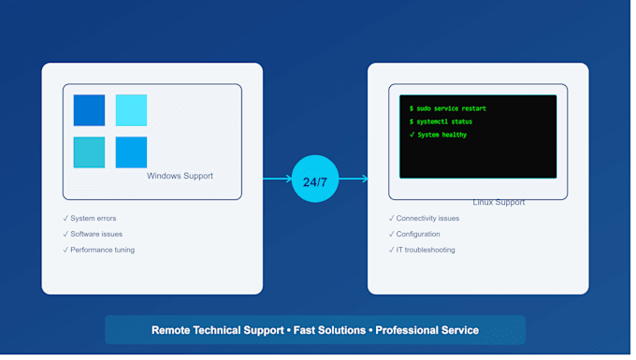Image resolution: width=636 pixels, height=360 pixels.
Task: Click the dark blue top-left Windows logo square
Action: (89, 110)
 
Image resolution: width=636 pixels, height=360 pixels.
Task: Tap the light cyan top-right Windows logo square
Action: (132, 110)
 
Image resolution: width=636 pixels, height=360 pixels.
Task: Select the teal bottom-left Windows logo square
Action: (89, 152)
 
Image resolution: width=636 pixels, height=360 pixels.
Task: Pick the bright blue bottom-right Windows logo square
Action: (132, 152)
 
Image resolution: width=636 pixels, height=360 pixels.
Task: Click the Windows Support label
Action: (180, 176)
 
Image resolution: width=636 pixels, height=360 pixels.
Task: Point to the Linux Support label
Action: (499, 202)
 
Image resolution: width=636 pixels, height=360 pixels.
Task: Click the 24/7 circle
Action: (315, 179)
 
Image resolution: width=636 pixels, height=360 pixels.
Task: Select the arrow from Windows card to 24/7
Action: (278, 179)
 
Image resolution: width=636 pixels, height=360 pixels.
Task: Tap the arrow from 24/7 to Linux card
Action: (354, 179)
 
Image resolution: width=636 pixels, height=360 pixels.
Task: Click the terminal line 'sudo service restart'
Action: (448, 108)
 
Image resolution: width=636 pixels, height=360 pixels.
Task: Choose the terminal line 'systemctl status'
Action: (441, 122)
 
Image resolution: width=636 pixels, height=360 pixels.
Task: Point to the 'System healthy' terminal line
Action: (438, 135)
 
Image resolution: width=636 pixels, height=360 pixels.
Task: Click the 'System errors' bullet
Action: (90, 219)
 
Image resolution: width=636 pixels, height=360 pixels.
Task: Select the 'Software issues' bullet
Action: (93, 235)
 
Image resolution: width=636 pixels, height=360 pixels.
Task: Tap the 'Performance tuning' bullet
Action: (99, 251)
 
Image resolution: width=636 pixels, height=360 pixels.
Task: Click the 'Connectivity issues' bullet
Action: (425, 219)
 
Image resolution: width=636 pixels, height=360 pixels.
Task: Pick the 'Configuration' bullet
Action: (414, 235)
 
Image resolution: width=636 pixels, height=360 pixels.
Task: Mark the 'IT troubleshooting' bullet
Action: (422, 251)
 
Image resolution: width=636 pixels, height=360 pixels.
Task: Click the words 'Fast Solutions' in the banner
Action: (329, 330)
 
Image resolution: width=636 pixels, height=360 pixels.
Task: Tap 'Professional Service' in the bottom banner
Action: (427, 330)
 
